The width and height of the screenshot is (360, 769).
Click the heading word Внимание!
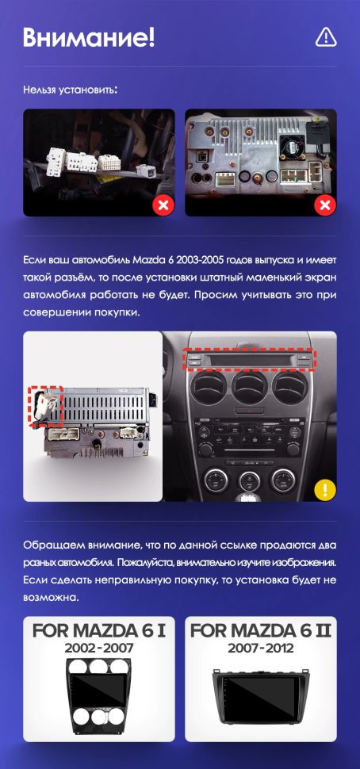pos(89,36)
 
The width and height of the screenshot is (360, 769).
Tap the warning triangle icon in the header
pos(326,36)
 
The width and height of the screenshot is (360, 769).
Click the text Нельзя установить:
pos(71,90)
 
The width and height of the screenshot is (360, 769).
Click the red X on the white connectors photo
pos(163,206)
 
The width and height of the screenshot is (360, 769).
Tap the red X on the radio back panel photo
pos(325,206)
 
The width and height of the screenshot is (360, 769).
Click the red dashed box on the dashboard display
pos(250,360)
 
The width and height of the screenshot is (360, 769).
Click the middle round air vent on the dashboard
pos(250,391)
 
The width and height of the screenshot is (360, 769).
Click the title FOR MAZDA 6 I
pos(99,631)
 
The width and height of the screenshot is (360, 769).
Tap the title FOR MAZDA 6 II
pos(261,631)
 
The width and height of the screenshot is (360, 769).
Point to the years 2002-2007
pos(99,648)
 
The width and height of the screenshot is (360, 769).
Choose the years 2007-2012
pos(261,648)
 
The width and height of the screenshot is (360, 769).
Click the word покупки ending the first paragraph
pos(117,312)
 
